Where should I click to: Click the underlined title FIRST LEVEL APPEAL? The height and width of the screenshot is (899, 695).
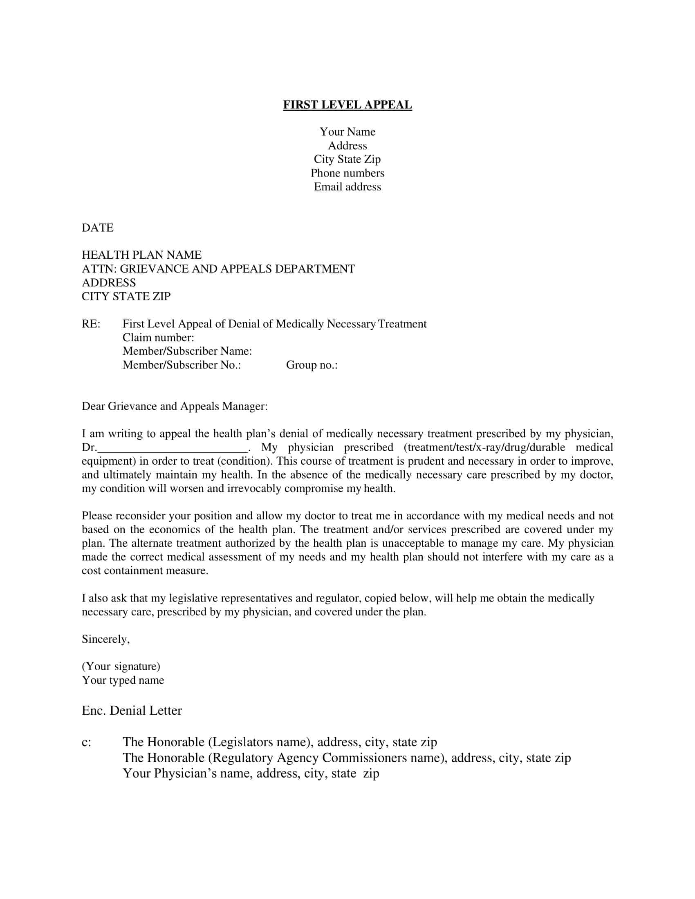(x=347, y=105)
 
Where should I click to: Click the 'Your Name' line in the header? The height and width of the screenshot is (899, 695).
(x=347, y=132)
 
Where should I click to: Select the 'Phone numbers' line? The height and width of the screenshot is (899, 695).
(x=347, y=173)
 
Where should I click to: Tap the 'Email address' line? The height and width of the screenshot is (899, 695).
(x=347, y=187)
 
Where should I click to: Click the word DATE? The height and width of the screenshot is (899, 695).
(x=98, y=228)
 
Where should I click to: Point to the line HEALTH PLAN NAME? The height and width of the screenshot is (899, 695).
(x=141, y=255)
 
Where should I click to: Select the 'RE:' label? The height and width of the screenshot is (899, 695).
(x=91, y=324)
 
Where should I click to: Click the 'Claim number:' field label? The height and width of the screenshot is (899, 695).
(x=158, y=338)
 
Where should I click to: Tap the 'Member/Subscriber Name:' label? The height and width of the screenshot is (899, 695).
(x=187, y=351)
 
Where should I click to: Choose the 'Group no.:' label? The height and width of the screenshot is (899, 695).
(x=312, y=365)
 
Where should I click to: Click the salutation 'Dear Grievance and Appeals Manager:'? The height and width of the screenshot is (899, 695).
(x=175, y=406)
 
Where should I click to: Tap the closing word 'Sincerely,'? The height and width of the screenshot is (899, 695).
(x=106, y=639)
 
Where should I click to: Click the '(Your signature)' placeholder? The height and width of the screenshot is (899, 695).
(x=121, y=666)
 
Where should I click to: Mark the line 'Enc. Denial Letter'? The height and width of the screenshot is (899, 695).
(x=132, y=711)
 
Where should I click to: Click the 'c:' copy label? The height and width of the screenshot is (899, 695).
(x=86, y=742)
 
